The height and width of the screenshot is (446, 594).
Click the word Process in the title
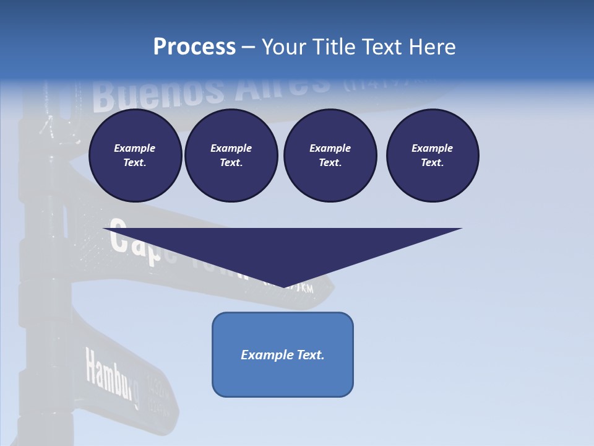click(x=194, y=47)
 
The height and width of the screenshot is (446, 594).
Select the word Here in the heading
click(x=433, y=47)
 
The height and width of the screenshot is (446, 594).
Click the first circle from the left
click(x=135, y=155)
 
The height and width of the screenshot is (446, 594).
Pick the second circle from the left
click(x=231, y=155)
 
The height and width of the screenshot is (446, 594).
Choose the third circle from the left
click(x=330, y=155)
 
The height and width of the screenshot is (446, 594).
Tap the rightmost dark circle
click(x=432, y=155)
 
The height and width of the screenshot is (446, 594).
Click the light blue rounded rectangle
click(x=283, y=354)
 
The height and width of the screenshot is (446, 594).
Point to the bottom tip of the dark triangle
click(x=283, y=287)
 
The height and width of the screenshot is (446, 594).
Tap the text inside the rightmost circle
click(x=432, y=155)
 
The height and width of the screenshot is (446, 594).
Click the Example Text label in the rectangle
click(x=283, y=355)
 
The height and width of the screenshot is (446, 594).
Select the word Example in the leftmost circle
click(x=135, y=148)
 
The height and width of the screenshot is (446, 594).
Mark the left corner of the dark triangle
click(x=103, y=229)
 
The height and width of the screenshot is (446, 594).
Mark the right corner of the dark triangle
click(x=462, y=229)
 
